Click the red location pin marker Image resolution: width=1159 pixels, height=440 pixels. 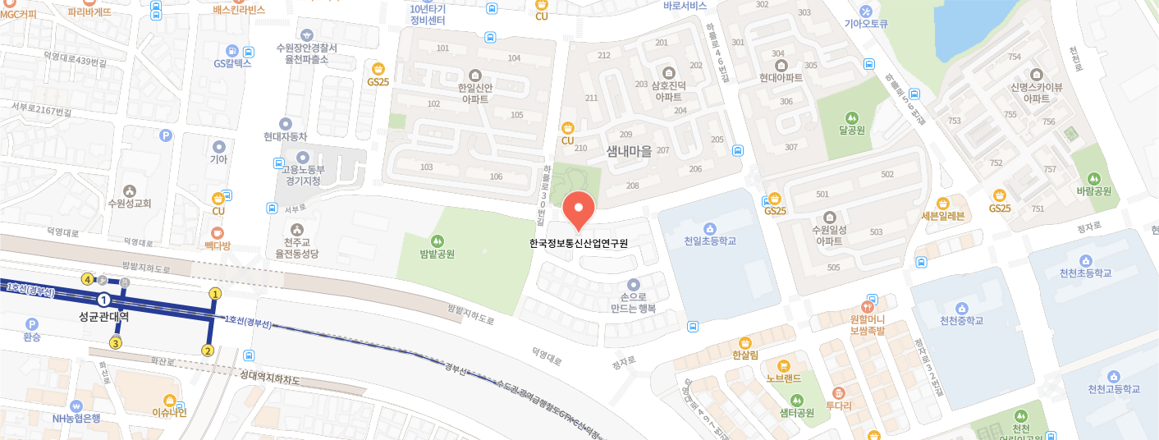pos(578,210)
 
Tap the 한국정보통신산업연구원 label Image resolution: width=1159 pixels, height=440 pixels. pos(578,243)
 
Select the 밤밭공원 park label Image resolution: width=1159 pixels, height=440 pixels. pos(437,254)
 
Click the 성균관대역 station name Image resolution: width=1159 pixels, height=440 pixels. pos(103,315)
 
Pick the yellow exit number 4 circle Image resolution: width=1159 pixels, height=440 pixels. pos(87,279)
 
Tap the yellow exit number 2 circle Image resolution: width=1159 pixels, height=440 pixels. pos(208,351)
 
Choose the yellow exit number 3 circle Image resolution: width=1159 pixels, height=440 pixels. pos(117,343)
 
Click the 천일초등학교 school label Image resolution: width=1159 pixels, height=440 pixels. pos(710,241)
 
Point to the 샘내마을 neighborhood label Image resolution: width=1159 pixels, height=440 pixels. pos(628,151)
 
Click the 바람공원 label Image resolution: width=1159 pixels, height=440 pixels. pos(1093,191)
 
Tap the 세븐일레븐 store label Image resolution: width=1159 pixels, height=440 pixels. pos(942,216)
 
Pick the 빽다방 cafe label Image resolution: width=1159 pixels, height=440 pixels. pos(218,245)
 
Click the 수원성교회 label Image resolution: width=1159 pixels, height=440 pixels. pos(130,203)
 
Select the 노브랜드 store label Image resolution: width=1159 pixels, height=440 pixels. pos(784,379)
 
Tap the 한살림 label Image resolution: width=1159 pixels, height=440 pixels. pos(745,355)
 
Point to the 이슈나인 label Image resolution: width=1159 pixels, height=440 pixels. pos(170,412)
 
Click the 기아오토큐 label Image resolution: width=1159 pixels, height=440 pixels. pos(867,23)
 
